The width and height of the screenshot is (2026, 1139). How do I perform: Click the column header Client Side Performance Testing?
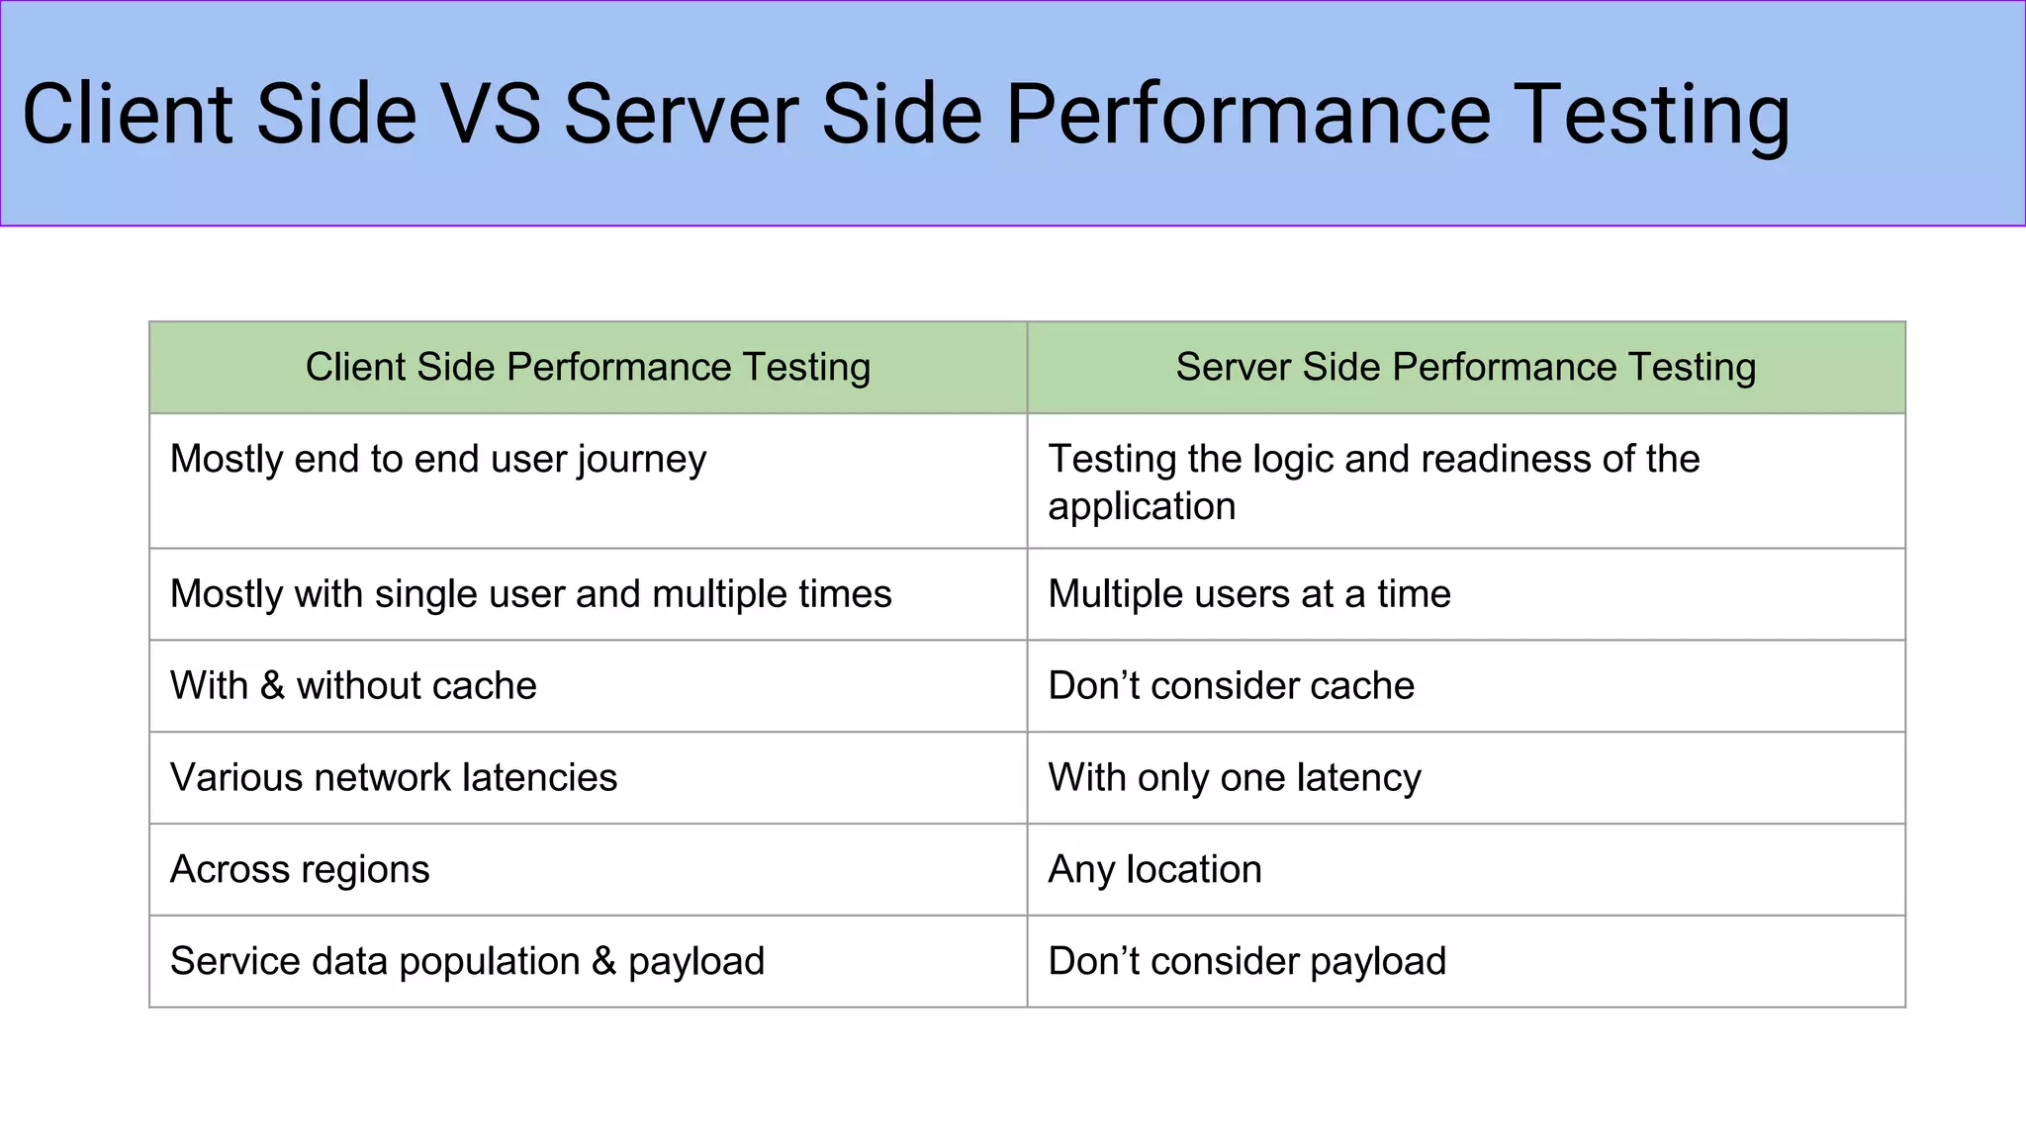tap(588, 367)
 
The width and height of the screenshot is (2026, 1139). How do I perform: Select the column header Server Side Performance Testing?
tap(1465, 367)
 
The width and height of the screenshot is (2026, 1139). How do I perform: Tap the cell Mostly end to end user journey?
tap(438, 460)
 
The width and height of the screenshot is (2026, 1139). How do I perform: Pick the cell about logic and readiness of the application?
tap(1373, 482)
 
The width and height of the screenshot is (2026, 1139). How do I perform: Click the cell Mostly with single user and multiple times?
tap(530, 594)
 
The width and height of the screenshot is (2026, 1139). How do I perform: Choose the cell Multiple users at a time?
tap(1248, 594)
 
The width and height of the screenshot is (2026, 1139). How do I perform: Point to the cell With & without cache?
tap(353, 686)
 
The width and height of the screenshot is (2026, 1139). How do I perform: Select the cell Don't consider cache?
tap(1231, 686)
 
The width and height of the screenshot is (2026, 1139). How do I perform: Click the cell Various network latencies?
tap(394, 778)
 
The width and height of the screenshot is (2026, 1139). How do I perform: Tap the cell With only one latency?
tap(1234, 778)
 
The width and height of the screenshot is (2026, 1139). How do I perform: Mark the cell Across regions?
tap(300, 870)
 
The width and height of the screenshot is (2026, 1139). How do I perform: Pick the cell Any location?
tap(1154, 870)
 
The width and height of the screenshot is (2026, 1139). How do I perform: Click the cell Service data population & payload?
tap(467, 962)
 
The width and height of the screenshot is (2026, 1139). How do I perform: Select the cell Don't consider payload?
tap(1246, 962)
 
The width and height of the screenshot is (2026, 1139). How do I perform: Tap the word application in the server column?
tap(1142, 507)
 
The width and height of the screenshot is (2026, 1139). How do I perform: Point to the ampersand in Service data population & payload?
tap(603, 962)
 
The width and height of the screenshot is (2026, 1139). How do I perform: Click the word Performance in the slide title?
tap(1248, 115)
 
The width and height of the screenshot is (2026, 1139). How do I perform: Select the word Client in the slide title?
tap(128, 115)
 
